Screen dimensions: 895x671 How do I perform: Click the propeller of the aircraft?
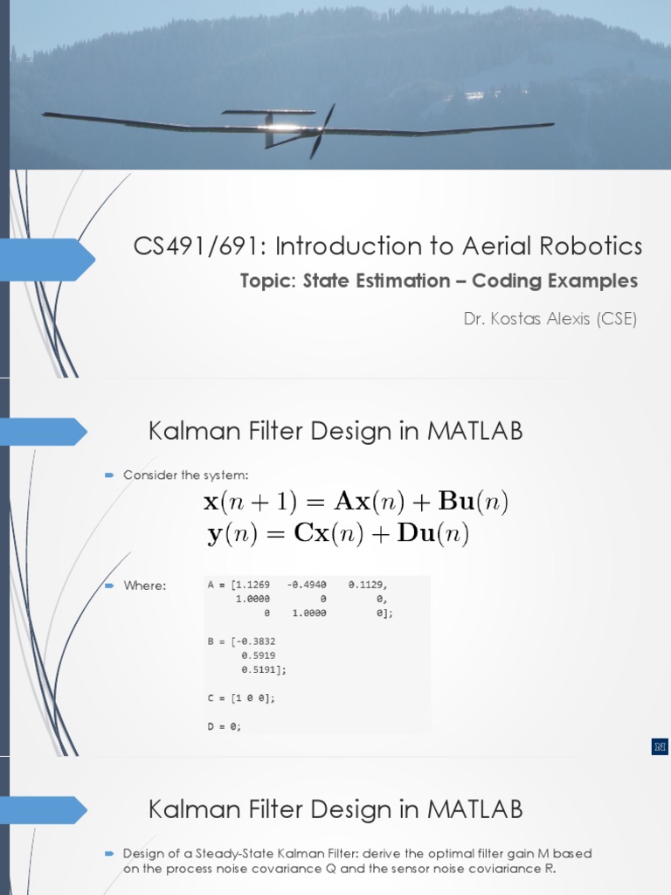(321, 130)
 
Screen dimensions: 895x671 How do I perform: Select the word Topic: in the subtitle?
(268, 281)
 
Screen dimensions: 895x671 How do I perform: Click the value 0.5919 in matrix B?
(259, 655)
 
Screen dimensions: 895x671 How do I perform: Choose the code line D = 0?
(224, 726)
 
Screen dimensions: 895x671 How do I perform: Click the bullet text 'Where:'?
(144, 586)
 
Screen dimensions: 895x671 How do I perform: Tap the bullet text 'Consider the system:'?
(185, 475)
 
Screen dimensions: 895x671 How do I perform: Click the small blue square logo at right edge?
(660, 746)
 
